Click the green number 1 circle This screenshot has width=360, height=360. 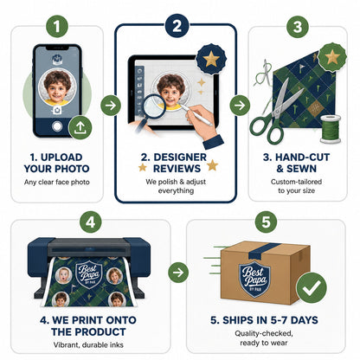point(57,26)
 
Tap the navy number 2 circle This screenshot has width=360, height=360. point(177,26)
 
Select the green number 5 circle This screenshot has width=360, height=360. point(266,222)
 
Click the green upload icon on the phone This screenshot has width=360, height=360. point(80,127)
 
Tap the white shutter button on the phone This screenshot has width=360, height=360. point(57,126)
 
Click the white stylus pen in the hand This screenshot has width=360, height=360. point(196,115)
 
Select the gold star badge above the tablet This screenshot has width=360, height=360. point(211,59)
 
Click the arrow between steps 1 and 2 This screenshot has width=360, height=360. point(111,106)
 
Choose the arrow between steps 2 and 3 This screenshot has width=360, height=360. point(240,106)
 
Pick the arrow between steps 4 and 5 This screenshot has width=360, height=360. point(178,273)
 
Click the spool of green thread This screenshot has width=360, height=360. point(331,129)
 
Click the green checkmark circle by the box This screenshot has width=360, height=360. point(312,287)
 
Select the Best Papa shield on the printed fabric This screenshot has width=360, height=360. point(89,274)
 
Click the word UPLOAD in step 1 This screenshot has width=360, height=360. point(61,157)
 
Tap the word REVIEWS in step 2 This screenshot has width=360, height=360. point(177,169)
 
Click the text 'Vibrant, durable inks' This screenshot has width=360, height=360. point(88,344)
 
